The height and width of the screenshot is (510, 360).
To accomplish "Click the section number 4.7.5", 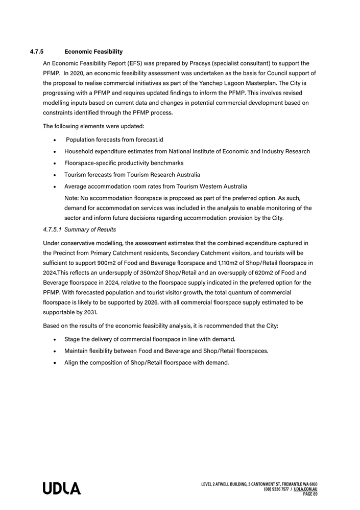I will pyautogui.click(x=37, y=52).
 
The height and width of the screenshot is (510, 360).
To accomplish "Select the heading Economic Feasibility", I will pyautogui.click(x=93, y=52).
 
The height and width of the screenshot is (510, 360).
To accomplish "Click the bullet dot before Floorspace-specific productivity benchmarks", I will pyautogui.click(x=55, y=163).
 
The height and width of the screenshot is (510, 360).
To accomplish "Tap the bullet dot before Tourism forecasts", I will pyautogui.click(x=55, y=175).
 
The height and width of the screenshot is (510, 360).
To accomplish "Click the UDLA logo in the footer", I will pyautogui.click(x=62, y=489).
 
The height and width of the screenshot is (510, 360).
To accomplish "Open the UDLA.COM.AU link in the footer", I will pyautogui.click(x=305, y=489).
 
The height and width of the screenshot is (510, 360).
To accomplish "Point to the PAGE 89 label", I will pyautogui.click(x=310, y=494).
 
